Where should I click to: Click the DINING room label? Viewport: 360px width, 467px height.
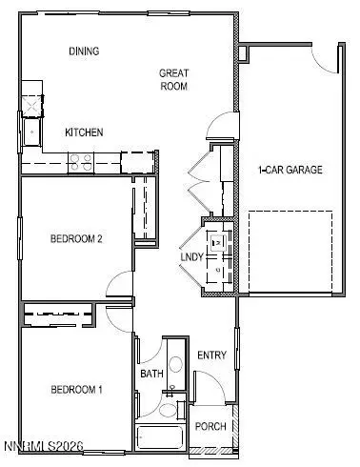(x=85, y=51)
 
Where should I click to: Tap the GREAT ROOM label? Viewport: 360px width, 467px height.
(x=173, y=79)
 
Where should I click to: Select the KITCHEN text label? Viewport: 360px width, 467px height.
(x=84, y=132)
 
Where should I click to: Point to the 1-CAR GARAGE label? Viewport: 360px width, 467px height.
(x=290, y=171)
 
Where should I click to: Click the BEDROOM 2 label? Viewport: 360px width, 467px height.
(x=76, y=239)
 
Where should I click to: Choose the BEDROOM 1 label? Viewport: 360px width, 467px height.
(x=76, y=390)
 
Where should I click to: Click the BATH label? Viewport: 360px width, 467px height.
(x=151, y=375)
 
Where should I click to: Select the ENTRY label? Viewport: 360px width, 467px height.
(x=211, y=355)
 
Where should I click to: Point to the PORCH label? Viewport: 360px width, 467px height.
(x=210, y=426)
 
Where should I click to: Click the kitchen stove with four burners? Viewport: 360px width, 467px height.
(x=81, y=161)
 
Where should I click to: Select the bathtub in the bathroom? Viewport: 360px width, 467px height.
(x=162, y=437)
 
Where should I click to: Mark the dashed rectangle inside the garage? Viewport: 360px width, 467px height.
(x=290, y=253)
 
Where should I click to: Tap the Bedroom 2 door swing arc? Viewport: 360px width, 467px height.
(x=121, y=284)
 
